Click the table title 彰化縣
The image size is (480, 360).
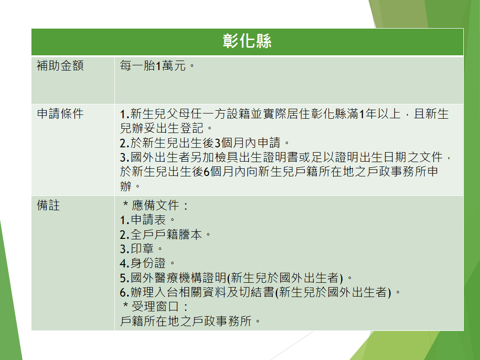pos(247,41)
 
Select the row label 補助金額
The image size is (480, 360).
pos(61,65)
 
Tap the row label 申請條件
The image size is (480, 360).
pos(61,113)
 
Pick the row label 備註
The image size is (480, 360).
pos(48,205)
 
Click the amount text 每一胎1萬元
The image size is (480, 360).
pos(153,65)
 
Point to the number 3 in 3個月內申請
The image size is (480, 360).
pos(218,143)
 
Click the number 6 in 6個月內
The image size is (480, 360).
pos(206,172)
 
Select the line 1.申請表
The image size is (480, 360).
pos(143,220)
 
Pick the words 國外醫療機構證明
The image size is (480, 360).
pos(178,278)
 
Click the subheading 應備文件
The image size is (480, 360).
pos(155,205)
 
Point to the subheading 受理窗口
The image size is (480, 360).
pos(155,307)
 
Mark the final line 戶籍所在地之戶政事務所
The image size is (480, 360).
pos(186,321)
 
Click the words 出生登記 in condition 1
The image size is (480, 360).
pos(180,128)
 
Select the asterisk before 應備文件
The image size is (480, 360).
pos(125,203)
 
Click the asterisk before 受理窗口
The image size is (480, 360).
pos(125,305)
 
